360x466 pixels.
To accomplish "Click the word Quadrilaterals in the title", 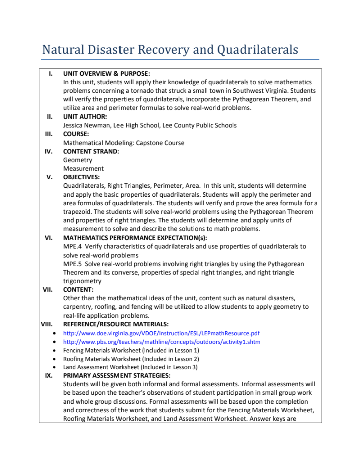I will (258, 50).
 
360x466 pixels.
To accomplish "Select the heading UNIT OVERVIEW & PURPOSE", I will (106, 73).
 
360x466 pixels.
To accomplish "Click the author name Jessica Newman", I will (87, 125).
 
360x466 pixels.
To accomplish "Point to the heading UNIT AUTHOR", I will (85, 117).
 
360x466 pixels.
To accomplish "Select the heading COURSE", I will (76, 134).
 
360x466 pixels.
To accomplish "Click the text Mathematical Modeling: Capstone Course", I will (124, 143).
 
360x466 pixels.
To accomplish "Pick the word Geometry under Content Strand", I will (78, 160).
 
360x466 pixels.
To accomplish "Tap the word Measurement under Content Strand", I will (83, 169).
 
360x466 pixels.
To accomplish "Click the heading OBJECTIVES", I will (81, 177).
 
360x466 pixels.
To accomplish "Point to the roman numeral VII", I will (48, 290).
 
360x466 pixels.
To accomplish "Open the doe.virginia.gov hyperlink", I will (161, 333).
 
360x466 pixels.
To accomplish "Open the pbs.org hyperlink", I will (161, 342).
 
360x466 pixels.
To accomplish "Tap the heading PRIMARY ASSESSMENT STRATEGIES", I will (116, 375).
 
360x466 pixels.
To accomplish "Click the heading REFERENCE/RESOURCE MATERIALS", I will (115, 324).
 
